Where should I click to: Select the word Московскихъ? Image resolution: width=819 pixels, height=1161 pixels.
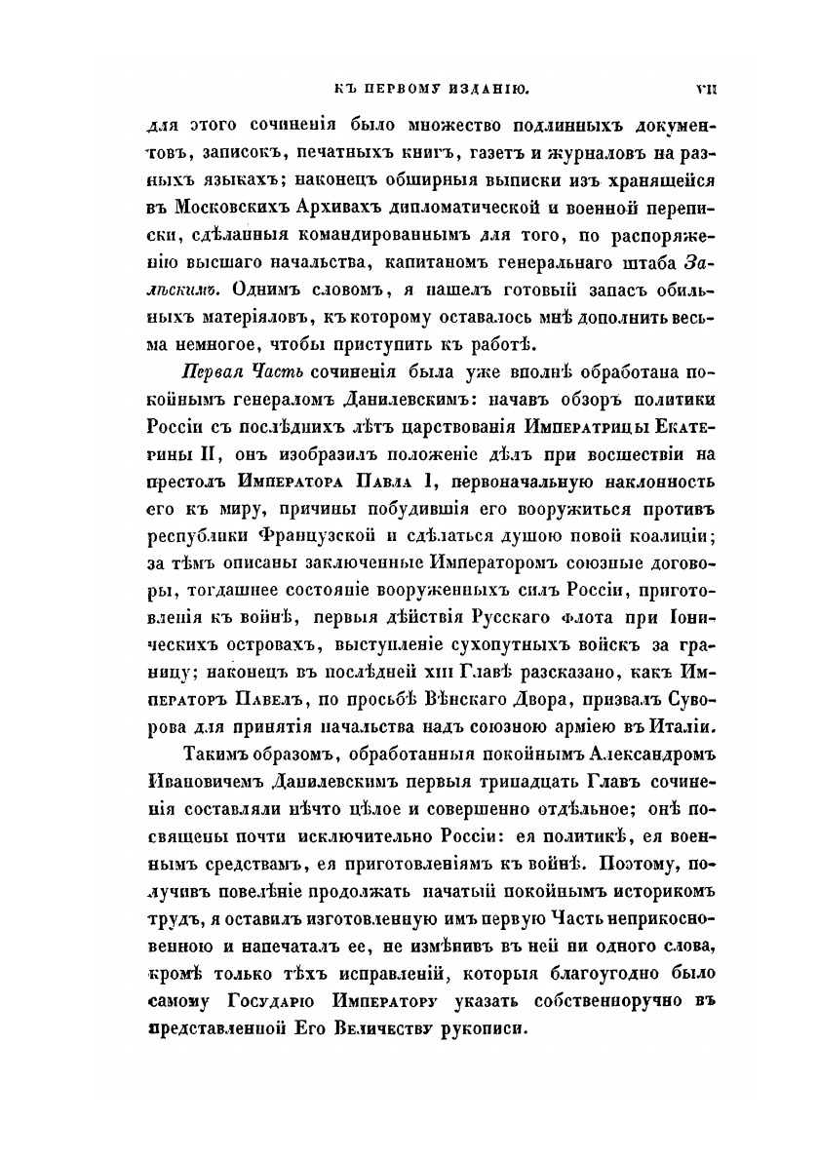pos(228,208)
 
